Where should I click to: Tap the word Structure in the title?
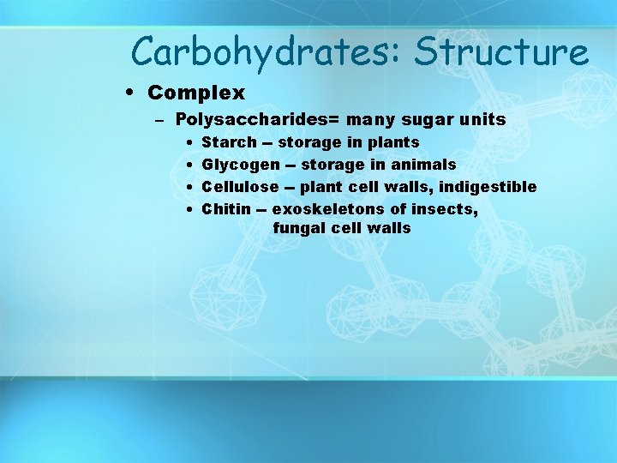click(x=502, y=52)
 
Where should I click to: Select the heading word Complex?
click(x=196, y=93)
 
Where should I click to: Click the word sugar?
click(x=421, y=120)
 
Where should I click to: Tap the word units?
click(x=482, y=120)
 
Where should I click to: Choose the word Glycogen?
click(x=240, y=165)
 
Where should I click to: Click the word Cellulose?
click(x=240, y=187)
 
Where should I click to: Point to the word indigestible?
click(x=488, y=187)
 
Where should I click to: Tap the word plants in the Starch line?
click(x=393, y=142)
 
